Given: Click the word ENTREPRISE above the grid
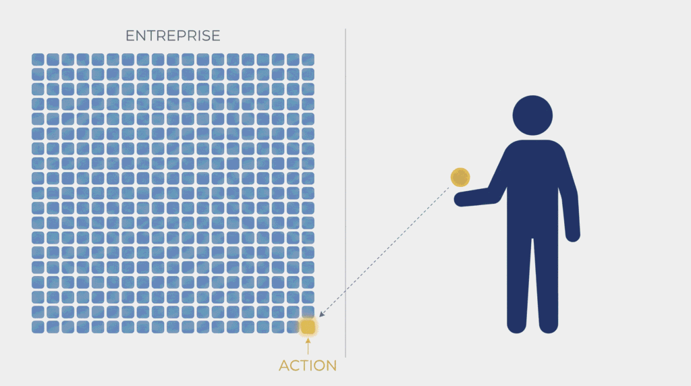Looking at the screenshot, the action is point(173,36).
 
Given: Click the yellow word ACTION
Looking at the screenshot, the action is point(308,365).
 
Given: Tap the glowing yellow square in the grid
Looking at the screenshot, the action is point(308,327).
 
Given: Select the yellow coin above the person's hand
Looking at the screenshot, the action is point(460,177).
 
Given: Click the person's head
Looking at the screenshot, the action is point(532,115).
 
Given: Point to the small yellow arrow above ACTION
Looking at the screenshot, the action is point(308,346).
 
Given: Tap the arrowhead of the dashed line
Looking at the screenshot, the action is point(321,314).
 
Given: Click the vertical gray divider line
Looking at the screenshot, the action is point(345,193).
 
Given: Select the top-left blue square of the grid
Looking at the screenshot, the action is point(38,59).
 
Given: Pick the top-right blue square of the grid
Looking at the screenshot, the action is point(308,59).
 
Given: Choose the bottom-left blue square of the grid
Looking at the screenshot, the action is point(38,327).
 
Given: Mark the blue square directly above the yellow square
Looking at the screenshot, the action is point(308,312).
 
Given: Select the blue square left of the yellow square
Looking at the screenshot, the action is point(293,327).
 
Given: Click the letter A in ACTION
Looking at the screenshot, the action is point(285,365).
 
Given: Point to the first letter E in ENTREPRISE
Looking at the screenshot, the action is point(130,36).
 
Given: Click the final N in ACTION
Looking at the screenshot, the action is point(331,365).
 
